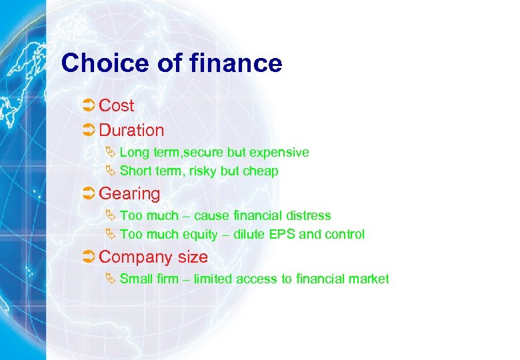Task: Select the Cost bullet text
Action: click(x=117, y=105)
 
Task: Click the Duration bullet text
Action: click(x=131, y=130)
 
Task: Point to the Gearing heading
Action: click(x=129, y=194)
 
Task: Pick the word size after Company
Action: click(x=193, y=257)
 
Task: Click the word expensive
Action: click(x=284, y=153)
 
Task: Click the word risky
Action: click(x=203, y=171)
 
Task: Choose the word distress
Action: click(x=309, y=215)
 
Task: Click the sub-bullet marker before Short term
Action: click(x=111, y=171)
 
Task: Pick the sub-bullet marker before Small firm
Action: click(x=111, y=278)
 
